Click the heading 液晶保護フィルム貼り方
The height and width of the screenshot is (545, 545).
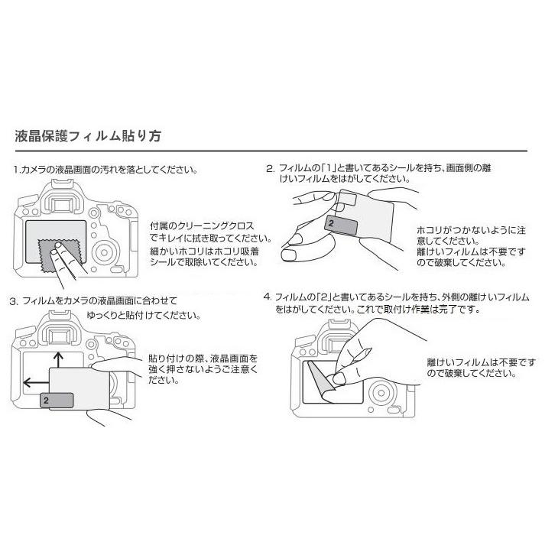(x=88, y=138)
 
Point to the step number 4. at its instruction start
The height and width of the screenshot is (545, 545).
(x=267, y=296)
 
